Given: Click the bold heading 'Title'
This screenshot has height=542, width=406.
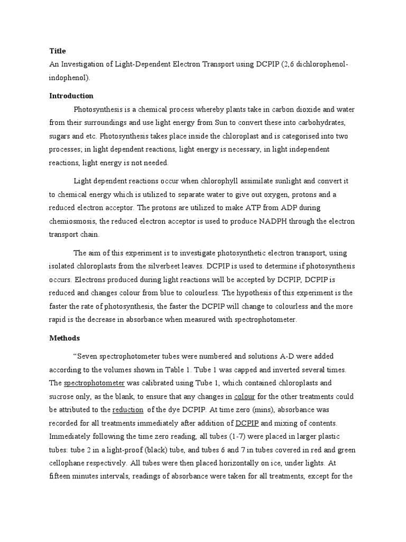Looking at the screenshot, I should (x=57, y=51).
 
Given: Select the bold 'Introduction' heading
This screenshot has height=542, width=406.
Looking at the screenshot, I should (x=71, y=96).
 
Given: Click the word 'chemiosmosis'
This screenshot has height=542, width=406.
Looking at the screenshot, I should (x=75, y=221).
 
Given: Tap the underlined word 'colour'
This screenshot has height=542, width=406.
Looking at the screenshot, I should (x=245, y=396).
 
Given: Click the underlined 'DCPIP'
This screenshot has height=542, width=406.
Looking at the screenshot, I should (x=246, y=423).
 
